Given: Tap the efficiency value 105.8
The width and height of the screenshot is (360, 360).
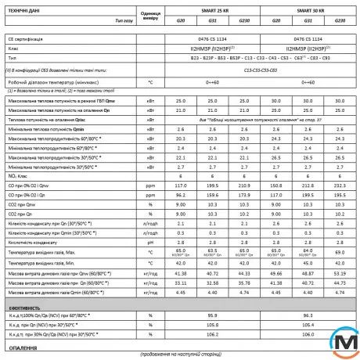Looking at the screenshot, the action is point(213,322).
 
